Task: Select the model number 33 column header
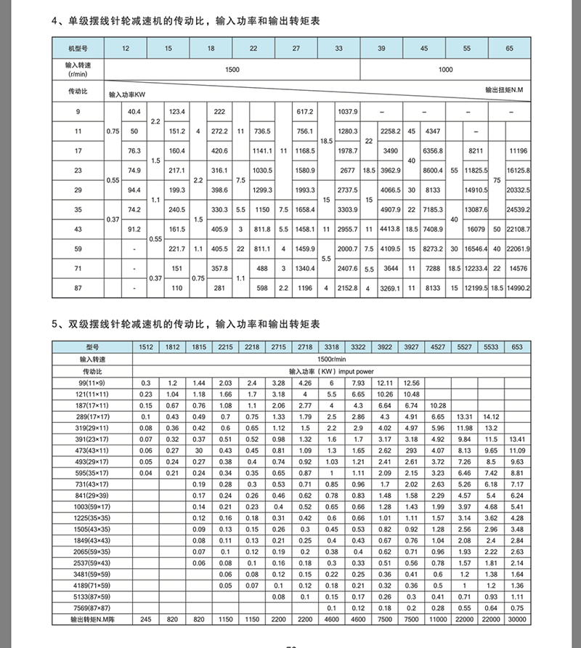click(x=339, y=49)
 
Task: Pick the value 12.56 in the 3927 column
click(x=412, y=382)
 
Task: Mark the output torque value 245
click(x=146, y=619)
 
